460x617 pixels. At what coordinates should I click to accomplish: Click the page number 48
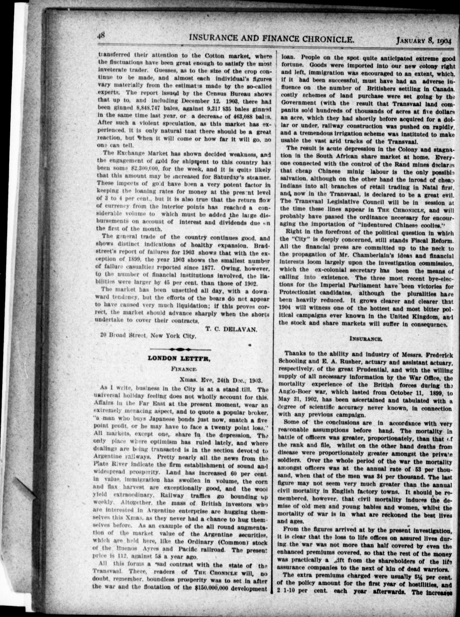101,36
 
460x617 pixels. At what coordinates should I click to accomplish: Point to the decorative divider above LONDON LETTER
180,349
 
